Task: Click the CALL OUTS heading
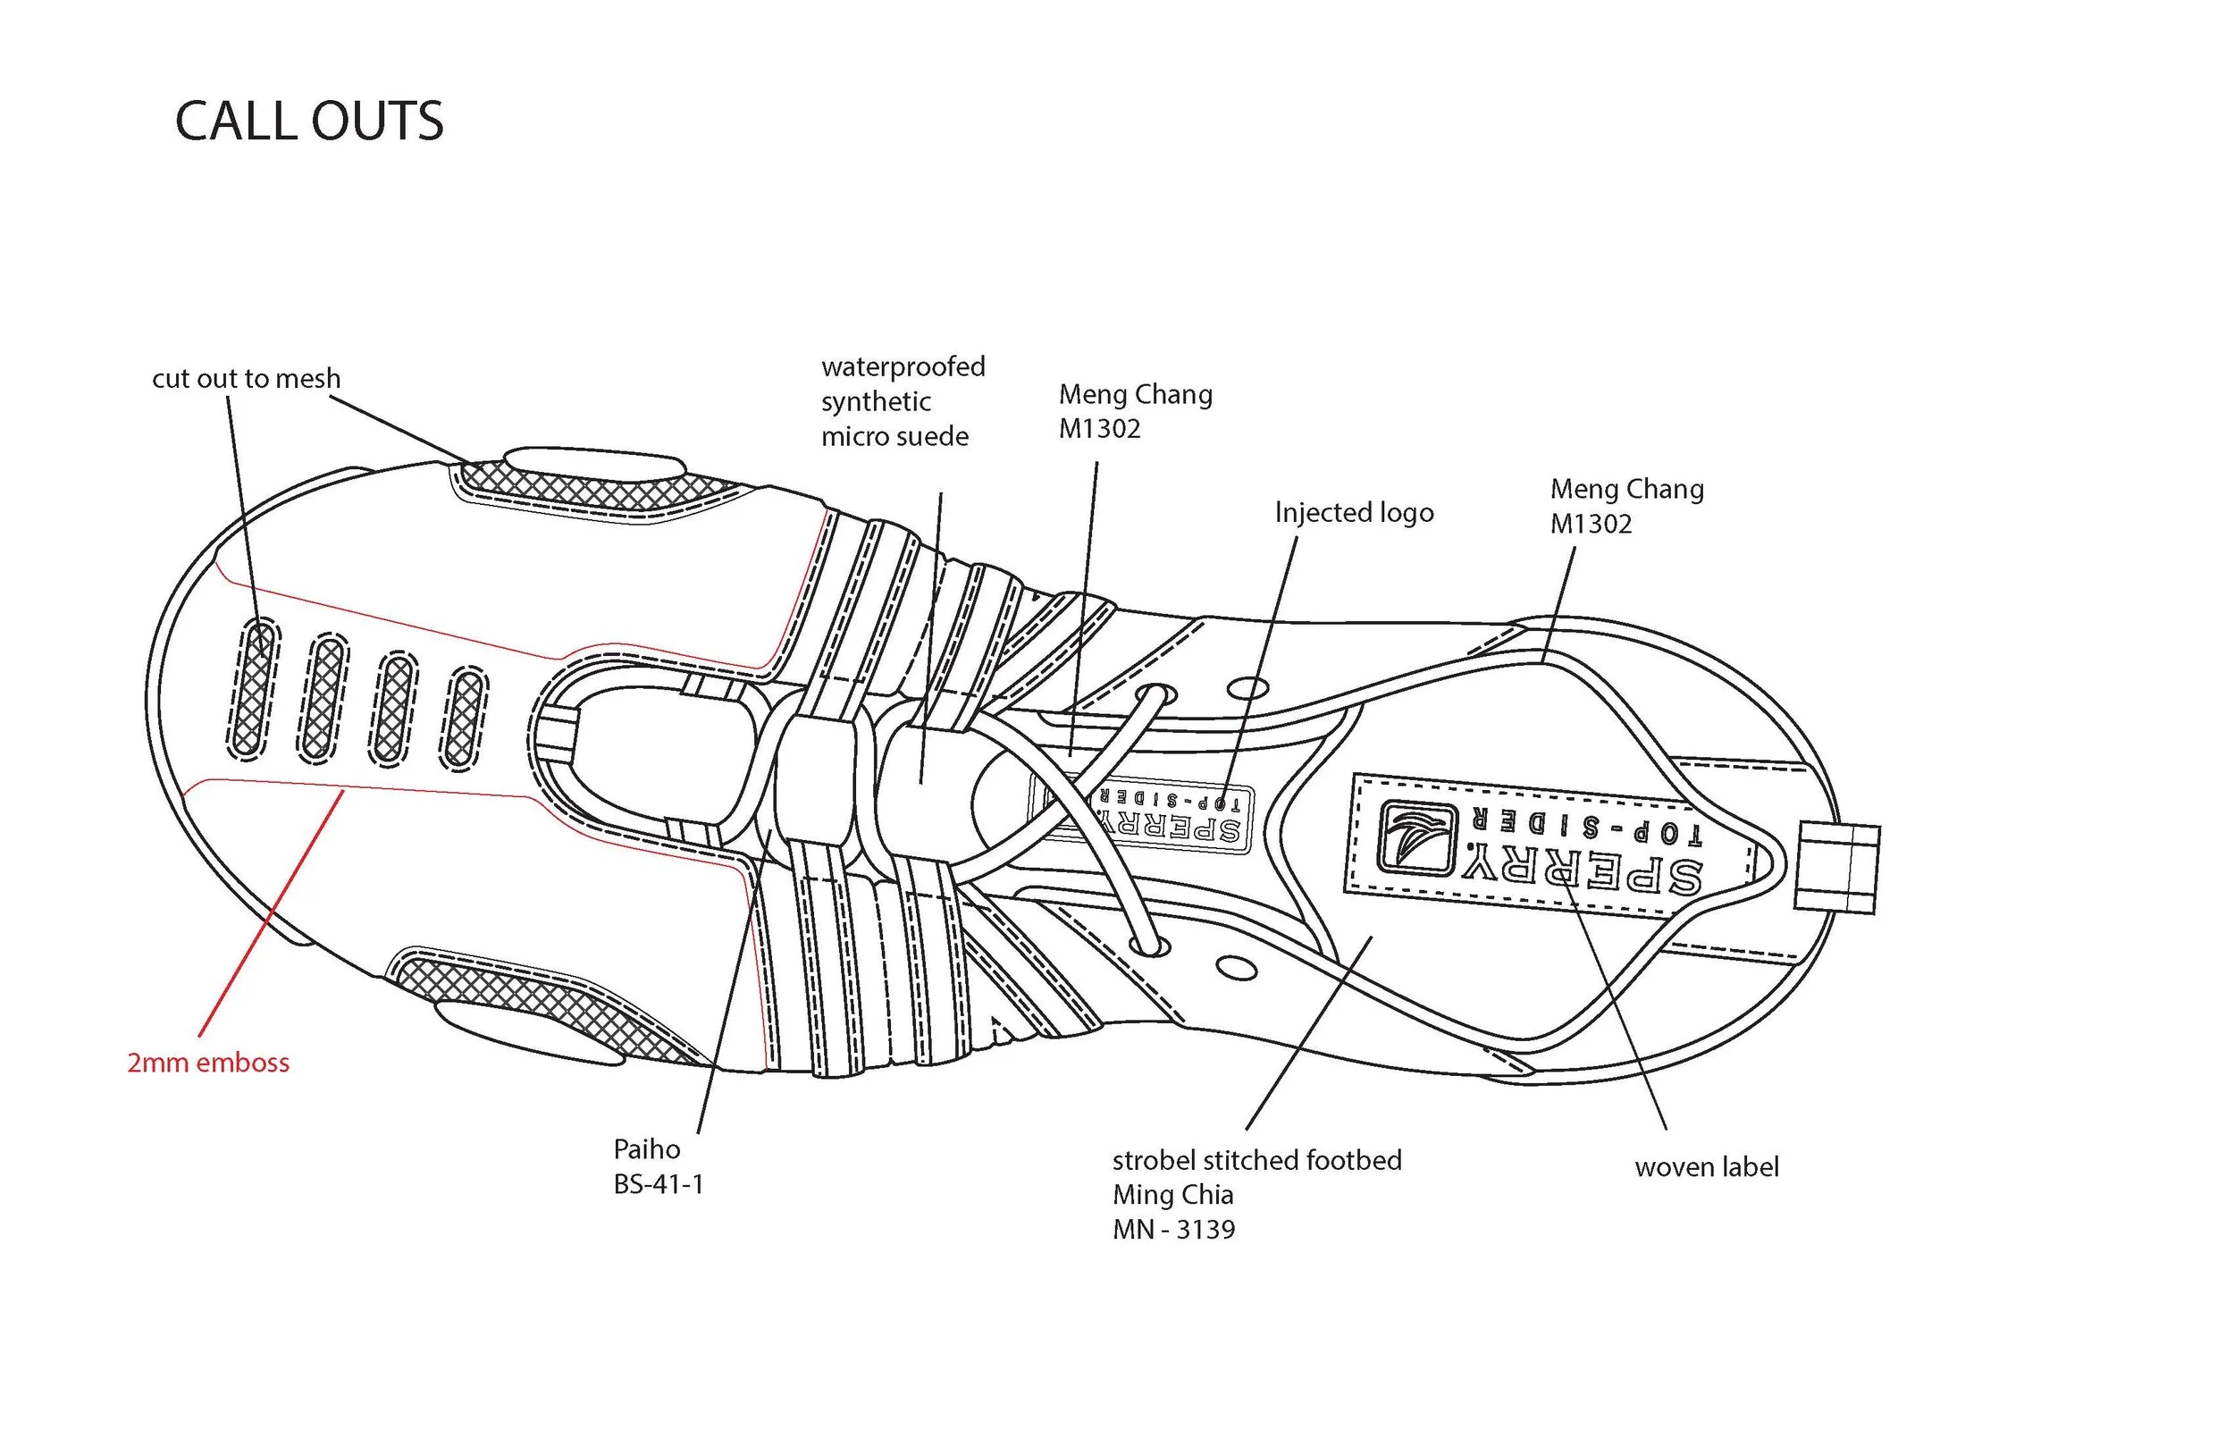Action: [x=309, y=122]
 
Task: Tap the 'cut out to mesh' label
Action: [x=246, y=378]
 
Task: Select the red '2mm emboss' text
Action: [x=208, y=1063]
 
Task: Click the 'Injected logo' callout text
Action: [x=1354, y=513]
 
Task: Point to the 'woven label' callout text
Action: [x=1707, y=1167]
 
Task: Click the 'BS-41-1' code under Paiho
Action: [x=658, y=1184]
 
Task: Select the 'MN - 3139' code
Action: [x=1173, y=1229]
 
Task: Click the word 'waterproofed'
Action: [x=903, y=366]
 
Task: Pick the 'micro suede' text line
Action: [x=894, y=437]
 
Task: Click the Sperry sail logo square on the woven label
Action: [x=1416, y=836]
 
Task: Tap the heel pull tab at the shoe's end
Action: [x=1837, y=867]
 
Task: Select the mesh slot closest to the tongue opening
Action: [x=463, y=719]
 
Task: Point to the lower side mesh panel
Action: [x=544, y=1002]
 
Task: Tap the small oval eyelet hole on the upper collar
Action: [x=1247, y=689]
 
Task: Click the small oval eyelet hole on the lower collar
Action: [x=1235, y=967]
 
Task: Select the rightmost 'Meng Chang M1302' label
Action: [x=1625, y=506]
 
